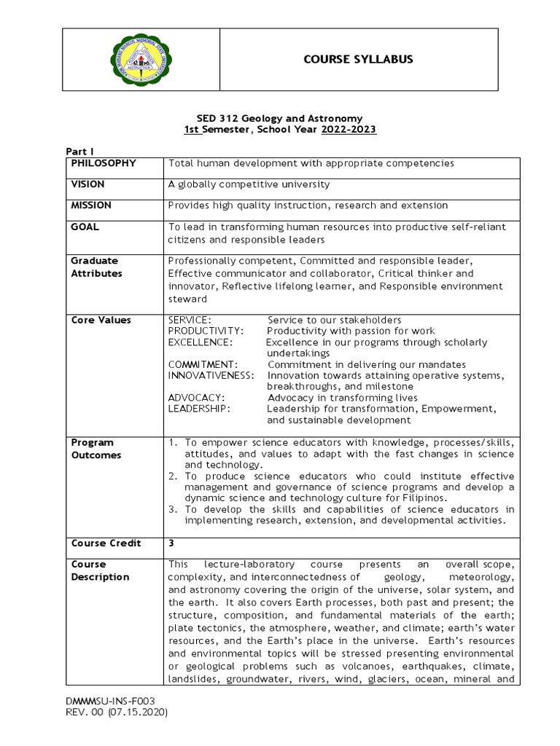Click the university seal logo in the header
coord(141,60)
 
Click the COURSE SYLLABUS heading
coord(358,59)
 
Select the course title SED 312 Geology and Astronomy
coord(280,118)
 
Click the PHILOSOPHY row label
coord(104,163)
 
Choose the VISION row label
coord(87,184)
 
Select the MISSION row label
coord(90,205)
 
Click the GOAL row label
coord(85,227)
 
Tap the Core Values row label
coord(101,320)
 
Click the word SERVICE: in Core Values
coord(190,320)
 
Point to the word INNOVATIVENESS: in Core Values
coord(211,375)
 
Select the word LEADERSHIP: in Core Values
coord(199,409)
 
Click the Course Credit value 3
coord(171,543)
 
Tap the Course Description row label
coord(100,570)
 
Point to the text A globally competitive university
coord(249,184)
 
